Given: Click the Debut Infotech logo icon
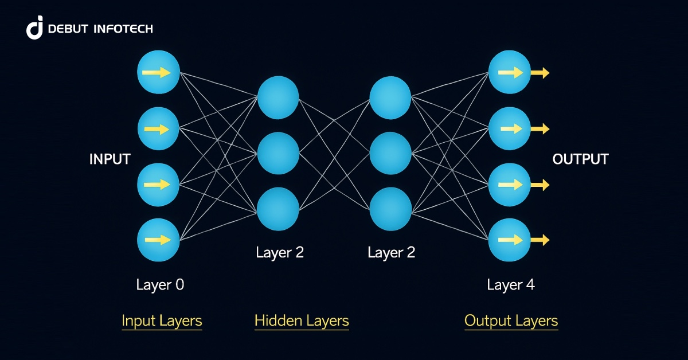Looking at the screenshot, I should (x=35, y=28).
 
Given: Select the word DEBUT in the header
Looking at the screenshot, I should (x=68, y=29).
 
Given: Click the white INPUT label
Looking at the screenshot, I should (x=110, y=159).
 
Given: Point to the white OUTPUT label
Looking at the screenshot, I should (x=580, y=159).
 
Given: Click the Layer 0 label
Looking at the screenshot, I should (x=160, y=285).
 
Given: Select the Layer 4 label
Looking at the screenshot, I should (x=511, y=285).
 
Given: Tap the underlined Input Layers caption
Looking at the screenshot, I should (x=162, y=320).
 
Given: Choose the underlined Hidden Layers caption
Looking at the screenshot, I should (x=302, y=320).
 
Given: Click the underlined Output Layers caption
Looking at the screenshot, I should (x=511, y=320).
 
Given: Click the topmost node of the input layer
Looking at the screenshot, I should (x=159, y=73).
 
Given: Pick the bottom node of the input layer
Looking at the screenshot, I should (x=159, y=240).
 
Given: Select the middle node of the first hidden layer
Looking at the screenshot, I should (x=278, y=153).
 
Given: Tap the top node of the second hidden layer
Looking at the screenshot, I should (x=390, y=97).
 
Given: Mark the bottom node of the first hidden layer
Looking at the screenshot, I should (x=278, y=209).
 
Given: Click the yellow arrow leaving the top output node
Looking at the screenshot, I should (x=540, y=73).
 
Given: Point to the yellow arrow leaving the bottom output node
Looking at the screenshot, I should (x=540, y=240).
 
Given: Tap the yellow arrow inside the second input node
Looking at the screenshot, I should (x=157, y=129).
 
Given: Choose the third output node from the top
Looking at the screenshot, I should (x=509, y=185).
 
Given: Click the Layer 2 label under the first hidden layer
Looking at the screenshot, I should (x=280, y=252).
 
